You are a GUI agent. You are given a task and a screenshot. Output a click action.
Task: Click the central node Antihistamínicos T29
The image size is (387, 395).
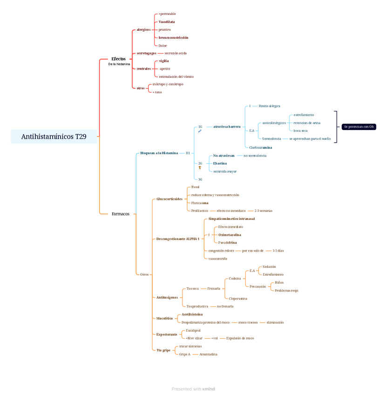(x=54, y=136)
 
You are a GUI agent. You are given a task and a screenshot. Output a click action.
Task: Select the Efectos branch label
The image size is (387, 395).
(x=118, y=59)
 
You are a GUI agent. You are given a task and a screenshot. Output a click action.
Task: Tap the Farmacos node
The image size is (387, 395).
(x=121, y=214)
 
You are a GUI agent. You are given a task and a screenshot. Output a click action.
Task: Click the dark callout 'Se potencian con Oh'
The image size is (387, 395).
(x=359, y=127)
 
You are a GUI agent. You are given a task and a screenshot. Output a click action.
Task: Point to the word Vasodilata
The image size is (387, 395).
(x=167, y=22)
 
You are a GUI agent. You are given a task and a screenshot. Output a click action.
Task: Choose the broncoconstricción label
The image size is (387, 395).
(x=173, y=38)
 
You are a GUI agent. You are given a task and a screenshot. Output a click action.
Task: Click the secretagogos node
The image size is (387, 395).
(x=146, y=53)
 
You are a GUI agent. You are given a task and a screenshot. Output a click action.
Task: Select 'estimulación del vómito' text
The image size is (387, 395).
(x=176, y=76)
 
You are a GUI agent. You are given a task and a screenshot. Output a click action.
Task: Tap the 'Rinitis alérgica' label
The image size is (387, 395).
(x=269, y=106)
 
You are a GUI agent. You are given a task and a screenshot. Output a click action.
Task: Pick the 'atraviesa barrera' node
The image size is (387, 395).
(x=227, y=127)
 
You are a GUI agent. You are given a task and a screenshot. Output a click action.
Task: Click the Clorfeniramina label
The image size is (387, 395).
(x=260, y=147)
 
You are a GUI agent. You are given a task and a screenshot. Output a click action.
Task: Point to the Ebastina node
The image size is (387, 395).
(x=220, y=163)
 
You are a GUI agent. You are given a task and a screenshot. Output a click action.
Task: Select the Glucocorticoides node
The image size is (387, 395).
(x=170, y=199)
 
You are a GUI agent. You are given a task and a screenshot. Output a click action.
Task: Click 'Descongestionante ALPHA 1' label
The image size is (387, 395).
(x=177, y=239)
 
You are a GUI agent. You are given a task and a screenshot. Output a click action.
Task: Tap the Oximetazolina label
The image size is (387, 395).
(x=230, y=235)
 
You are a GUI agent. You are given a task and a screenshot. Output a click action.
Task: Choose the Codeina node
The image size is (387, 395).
(x=235, y=279)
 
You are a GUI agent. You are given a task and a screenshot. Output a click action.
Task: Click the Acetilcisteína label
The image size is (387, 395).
(x=192, y=314)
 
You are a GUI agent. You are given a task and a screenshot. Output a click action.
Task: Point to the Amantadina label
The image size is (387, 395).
(x=208, y=354)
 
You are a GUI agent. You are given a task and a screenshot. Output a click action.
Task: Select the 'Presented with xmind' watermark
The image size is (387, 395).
(x=193, y=389)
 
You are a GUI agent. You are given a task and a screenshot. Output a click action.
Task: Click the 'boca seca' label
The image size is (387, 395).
(x=300, y=131)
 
